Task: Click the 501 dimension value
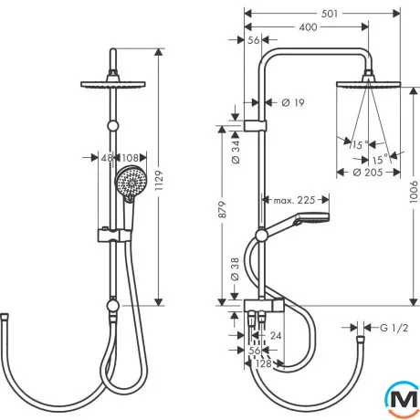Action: (330, 14)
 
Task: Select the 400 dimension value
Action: (308, 27)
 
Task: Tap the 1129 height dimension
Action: (159, 181)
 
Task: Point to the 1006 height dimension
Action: (414, 192)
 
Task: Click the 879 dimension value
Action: (223, 209)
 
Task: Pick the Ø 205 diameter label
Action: (368, 173)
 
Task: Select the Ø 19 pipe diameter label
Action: (293, 103)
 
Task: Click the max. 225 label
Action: (294, 200)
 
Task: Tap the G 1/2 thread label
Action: (394, 328)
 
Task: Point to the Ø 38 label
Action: (236, 269)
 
